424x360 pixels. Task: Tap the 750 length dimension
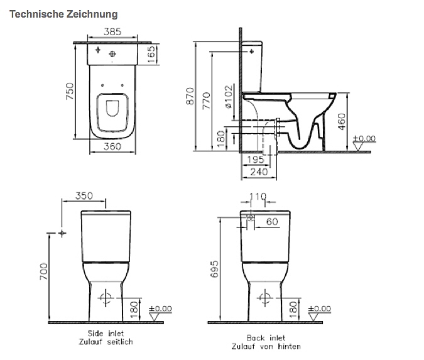point(70,90)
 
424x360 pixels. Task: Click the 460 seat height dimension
point(342,121)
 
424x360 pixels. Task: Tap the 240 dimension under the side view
point(258,172)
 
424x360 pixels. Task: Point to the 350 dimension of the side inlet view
point(84,195)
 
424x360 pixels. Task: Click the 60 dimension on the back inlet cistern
point(272,221)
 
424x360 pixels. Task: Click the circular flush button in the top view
point(114,52)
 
